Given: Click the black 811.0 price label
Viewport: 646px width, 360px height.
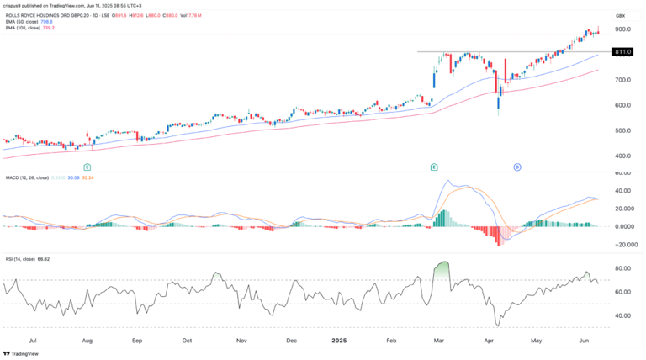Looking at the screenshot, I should click(x=623, y=52).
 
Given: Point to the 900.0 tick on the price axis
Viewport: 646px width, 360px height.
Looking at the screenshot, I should click(x=623, y=29).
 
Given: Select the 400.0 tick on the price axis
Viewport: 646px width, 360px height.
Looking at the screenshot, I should click(x=623, y=156).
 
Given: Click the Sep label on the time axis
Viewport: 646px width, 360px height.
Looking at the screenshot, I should click(x=136, y=342).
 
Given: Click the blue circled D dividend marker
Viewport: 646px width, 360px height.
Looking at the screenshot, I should click(x=516, y=167).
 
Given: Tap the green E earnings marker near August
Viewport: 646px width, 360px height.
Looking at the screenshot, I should click(x=87, y=167).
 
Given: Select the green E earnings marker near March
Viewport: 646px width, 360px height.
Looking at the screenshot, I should click(x=434, y=167).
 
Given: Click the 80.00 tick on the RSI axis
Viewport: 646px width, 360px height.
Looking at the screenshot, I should click(x=623, y=268).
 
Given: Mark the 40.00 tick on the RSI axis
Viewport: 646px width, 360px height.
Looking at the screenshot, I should click(x=623, y=315).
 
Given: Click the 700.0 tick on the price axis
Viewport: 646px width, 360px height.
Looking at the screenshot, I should click(x=623, y=80).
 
